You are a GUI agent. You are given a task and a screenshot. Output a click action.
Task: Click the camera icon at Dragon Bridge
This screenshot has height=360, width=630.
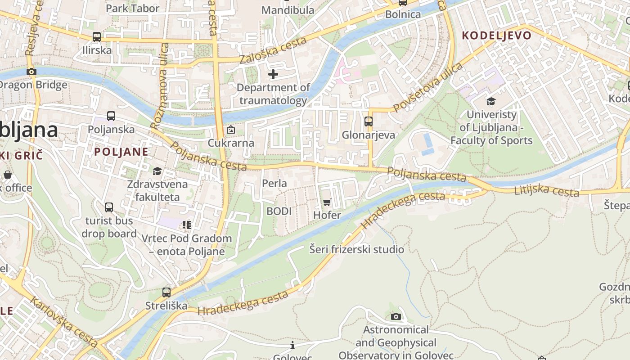coord(31,72)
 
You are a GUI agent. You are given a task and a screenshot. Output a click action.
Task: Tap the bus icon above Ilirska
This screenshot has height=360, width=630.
coord(96,37)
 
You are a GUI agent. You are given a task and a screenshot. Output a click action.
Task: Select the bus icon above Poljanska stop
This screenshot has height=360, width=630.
coord(111,116)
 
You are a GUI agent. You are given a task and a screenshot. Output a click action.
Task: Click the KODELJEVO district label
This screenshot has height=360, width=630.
coord(496,36)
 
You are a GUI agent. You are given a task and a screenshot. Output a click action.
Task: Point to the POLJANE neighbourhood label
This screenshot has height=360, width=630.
coord(121,152)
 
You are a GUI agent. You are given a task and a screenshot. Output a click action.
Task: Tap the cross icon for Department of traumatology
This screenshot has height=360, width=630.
coord(273,74)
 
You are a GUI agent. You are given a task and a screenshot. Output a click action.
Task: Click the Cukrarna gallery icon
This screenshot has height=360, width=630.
coord(231,130)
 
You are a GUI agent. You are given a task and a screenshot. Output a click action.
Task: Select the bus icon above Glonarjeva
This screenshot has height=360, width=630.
coord(368,121)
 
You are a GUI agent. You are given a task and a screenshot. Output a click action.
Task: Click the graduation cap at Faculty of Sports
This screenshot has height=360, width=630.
coord(491,102)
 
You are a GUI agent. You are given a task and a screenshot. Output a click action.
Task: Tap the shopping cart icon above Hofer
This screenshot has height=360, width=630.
coord(327,202)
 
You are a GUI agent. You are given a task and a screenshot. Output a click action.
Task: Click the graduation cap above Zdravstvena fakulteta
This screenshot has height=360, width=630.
coord(157,171)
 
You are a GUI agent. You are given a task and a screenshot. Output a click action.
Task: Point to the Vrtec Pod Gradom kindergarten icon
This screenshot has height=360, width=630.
coord(187,225)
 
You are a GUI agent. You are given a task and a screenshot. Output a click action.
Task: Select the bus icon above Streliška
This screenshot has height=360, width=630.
coord(166,292)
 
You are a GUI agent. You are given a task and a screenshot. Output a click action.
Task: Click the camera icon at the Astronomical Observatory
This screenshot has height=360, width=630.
coord(396,317)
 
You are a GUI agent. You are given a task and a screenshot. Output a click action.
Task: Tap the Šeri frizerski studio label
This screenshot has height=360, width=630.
coord(356,249)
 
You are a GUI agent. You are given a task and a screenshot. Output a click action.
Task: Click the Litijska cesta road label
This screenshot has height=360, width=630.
coord(546,190)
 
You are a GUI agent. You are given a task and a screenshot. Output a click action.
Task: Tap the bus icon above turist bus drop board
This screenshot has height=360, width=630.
coord(109,207)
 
